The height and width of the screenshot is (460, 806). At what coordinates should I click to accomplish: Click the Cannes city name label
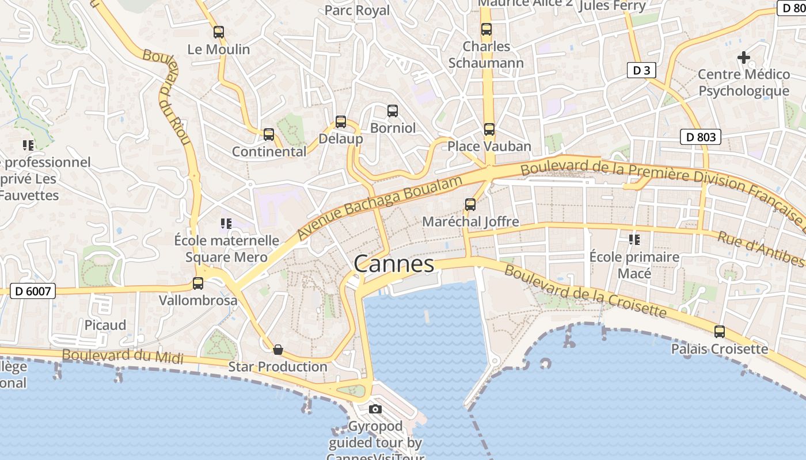click(394, 264)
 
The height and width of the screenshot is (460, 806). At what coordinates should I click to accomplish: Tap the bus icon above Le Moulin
click(219, 32)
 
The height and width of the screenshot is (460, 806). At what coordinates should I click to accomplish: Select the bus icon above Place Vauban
click(489, 129)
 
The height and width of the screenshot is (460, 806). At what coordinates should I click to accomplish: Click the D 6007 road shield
click(33, 292)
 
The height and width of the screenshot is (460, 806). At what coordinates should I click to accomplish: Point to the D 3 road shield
click(641, 70)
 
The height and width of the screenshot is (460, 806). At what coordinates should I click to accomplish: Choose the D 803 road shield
click(701, 137)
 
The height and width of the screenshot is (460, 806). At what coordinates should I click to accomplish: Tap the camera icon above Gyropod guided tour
click(375, 409)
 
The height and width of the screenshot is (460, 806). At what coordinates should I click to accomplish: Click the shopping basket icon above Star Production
click(278, 350)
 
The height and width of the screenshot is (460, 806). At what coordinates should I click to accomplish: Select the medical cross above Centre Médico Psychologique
click(744, 57)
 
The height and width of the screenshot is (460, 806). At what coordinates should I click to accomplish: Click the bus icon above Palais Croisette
click(720, 332)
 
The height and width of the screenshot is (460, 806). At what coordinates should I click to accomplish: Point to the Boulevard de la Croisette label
click(586, 292)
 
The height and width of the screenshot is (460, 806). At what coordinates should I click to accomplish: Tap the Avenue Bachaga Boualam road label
click(380, 208)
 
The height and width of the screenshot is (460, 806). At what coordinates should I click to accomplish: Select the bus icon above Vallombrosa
click(198, 283)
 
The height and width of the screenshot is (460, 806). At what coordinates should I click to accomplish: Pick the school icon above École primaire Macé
click(634, 239)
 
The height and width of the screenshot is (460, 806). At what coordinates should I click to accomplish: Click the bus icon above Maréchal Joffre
click(470, 205)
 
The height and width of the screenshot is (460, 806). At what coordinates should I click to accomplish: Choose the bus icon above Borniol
click(393, 111)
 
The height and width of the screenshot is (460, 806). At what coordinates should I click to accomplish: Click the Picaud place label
click(105, 325)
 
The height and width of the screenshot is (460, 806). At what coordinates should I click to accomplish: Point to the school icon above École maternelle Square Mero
click(226, 224)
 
